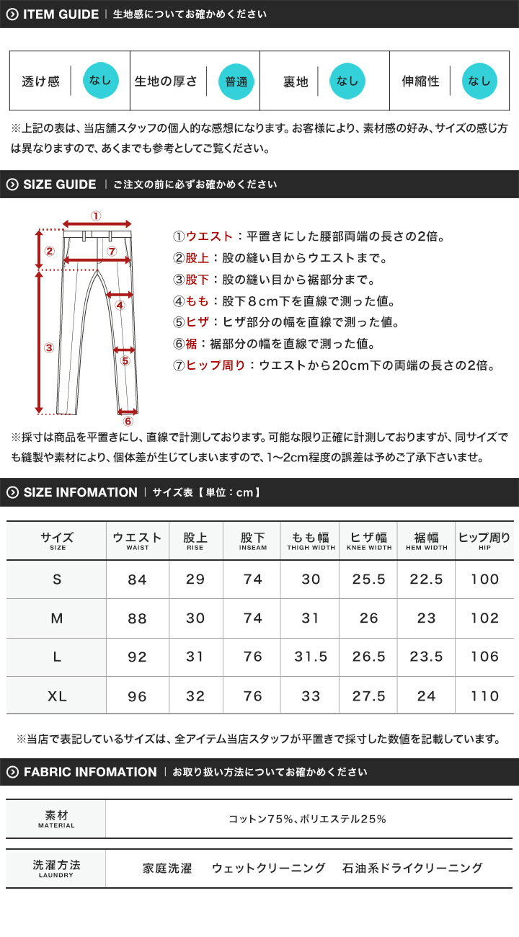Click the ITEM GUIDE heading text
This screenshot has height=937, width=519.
click(61, 14)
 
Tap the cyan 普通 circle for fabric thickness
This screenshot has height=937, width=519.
click(236, 81)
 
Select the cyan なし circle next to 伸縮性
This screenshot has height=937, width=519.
click(479, 81)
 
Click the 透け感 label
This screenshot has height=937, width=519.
click(40, 81)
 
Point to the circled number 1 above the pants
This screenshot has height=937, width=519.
click(97, 216)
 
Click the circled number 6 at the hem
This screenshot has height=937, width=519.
click(128, 421)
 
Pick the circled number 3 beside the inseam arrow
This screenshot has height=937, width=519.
click(49, 347)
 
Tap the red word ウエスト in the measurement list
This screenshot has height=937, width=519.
click(209, 236)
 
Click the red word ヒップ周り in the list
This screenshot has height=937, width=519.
click(216, 365)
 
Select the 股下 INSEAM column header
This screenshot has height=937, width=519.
click(252, 541)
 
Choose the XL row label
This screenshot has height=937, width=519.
click(57, 696)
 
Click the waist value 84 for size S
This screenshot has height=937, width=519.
click(137, 579)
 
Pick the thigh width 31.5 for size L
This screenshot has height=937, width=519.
click(311, 657)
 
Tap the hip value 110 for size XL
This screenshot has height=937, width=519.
click(484, 696)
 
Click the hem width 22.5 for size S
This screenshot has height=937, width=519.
click(426, 579)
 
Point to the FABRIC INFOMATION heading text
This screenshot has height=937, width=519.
click(90, 772)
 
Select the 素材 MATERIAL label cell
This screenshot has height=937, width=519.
click(56, 818)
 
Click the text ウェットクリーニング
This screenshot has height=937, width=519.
click(268, 869)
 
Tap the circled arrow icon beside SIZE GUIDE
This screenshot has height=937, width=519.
click(12, 185)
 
